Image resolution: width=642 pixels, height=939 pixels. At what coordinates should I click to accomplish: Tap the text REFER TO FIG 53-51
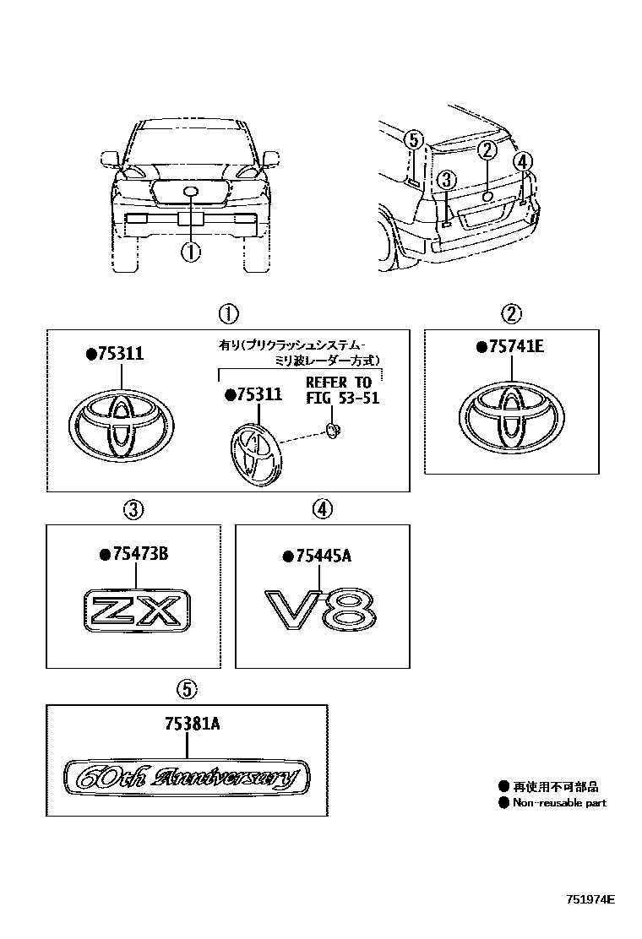341,391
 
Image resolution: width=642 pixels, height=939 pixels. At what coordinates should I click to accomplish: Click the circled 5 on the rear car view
412,140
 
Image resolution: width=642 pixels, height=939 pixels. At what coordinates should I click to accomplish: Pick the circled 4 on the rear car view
522,160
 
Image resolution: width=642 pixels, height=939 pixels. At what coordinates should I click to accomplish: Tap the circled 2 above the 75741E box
511,315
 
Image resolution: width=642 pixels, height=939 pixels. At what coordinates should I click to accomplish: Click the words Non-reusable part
558,803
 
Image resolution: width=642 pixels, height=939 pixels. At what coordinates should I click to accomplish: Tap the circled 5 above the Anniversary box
186,689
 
